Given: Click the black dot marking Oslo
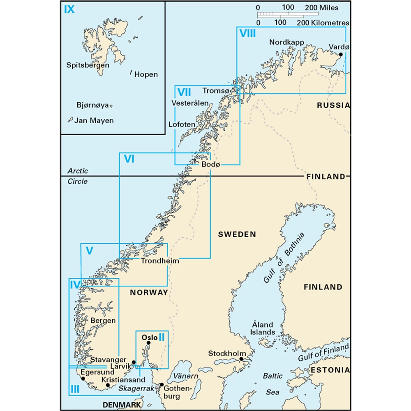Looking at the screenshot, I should (149, 343).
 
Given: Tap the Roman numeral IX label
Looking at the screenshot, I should (69, 9).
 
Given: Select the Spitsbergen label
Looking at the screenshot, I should (88, 65).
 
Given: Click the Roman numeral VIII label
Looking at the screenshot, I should (247, 34).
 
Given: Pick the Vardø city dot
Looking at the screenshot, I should (340, 54).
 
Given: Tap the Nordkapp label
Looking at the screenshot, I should (286, 42).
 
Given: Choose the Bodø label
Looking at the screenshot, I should (211, 164).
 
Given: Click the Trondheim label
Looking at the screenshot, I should (160, 261).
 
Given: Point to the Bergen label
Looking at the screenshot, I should (103, 321).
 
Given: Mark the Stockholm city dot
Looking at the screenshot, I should (242, 359).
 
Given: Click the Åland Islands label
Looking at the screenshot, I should (263, 328).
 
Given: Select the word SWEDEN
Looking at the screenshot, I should (237, 234).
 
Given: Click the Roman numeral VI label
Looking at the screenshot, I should (129, 159).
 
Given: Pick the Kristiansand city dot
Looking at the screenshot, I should (108, 386).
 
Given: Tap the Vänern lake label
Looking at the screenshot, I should (185, 376).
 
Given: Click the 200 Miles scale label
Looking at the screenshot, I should (322, 8).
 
